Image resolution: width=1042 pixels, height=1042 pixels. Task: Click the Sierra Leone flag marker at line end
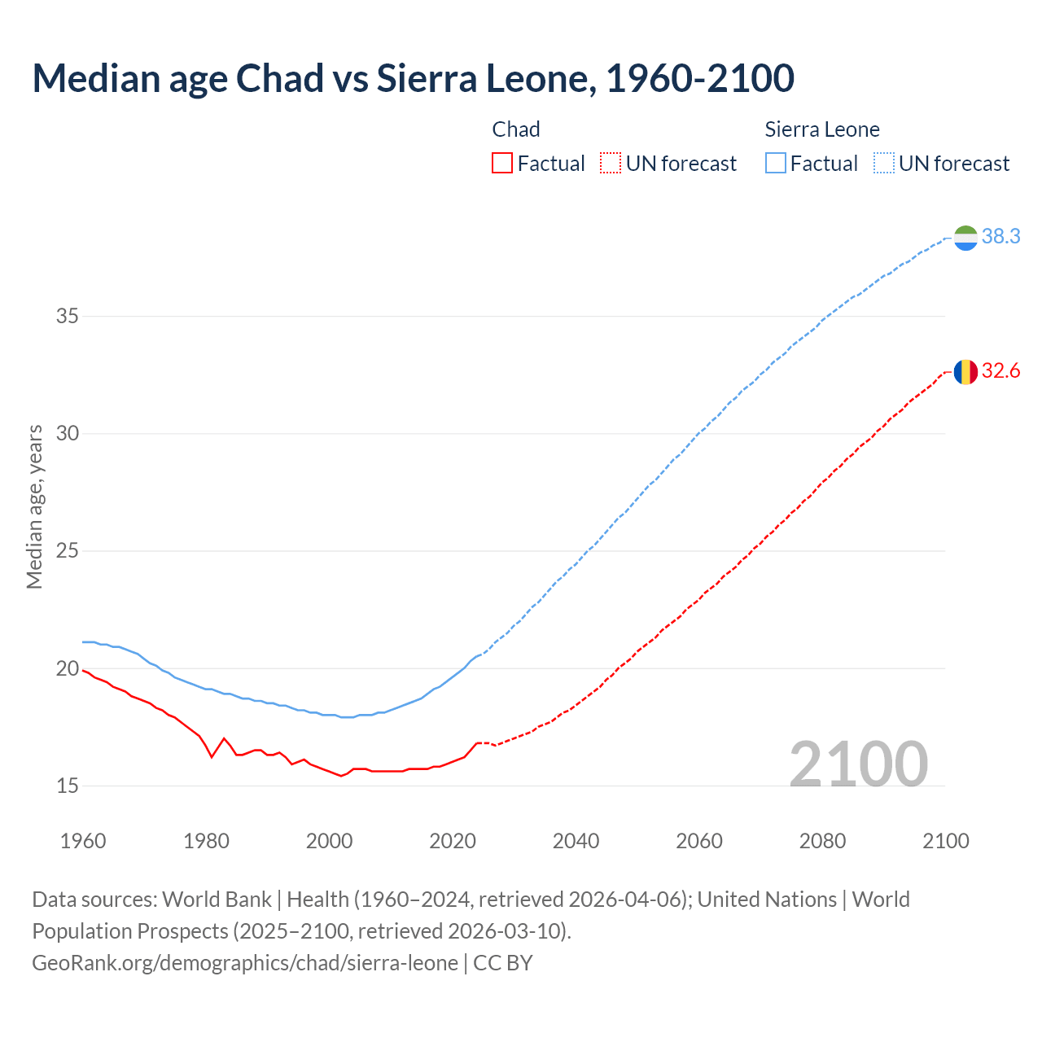965,238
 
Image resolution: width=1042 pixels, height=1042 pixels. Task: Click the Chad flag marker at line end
965,372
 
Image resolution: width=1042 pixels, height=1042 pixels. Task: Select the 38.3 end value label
1000,237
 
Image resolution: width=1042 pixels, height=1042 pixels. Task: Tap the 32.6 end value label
1000,371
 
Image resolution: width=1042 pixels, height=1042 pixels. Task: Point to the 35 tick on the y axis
67,316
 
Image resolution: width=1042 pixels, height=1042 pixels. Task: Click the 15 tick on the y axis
67,786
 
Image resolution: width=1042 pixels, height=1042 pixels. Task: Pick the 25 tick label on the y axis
67,551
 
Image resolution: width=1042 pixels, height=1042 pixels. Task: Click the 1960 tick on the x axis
83,841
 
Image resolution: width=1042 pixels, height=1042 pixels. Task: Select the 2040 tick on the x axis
576,841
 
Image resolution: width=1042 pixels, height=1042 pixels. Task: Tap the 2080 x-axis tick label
822,841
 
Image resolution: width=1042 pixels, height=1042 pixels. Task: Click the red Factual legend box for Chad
502,164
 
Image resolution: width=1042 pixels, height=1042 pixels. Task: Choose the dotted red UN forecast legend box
611,164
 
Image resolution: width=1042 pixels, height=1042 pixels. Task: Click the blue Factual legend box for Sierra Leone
775,164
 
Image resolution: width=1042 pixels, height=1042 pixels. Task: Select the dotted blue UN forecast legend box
883,164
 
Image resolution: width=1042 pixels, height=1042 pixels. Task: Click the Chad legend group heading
516,129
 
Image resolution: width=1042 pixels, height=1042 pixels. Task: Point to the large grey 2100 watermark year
858,764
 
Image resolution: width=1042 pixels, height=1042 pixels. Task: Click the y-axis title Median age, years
34,506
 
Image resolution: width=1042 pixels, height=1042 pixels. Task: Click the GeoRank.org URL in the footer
244,963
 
